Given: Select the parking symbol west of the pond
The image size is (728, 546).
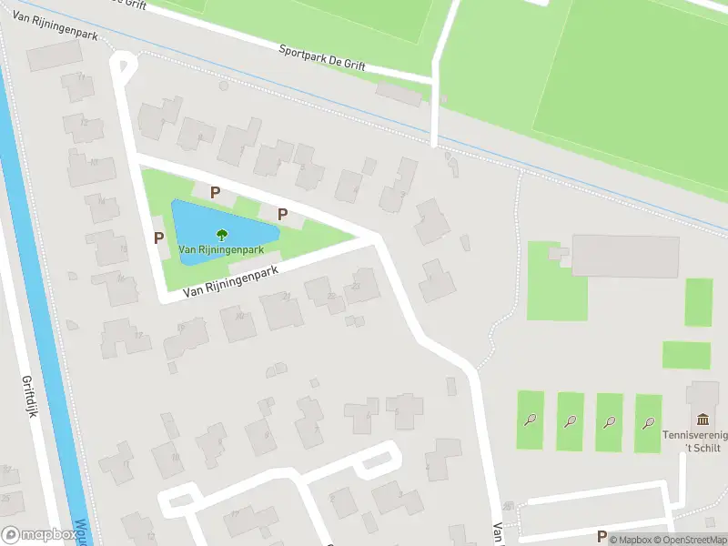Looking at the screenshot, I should [x=159, y=238].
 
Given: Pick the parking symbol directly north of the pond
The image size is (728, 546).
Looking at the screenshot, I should [x=216, y=192].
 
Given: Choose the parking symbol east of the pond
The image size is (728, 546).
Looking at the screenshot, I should [x=283, y=215].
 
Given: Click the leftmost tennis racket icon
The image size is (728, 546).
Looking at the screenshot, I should [x=530, y=420].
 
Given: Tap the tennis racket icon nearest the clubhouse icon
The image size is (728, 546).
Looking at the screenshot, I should [x=649, y=421].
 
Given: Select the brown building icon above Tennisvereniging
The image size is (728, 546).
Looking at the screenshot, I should [x=703, y=420].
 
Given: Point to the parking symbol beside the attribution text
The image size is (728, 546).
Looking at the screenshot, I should [x=602, y=536].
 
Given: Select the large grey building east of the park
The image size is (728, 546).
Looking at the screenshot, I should [x=625, y=256].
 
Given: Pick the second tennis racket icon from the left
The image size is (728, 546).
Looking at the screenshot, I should [x=570, y=420].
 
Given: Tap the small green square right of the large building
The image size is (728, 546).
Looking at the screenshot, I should [x=698, y=301].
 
